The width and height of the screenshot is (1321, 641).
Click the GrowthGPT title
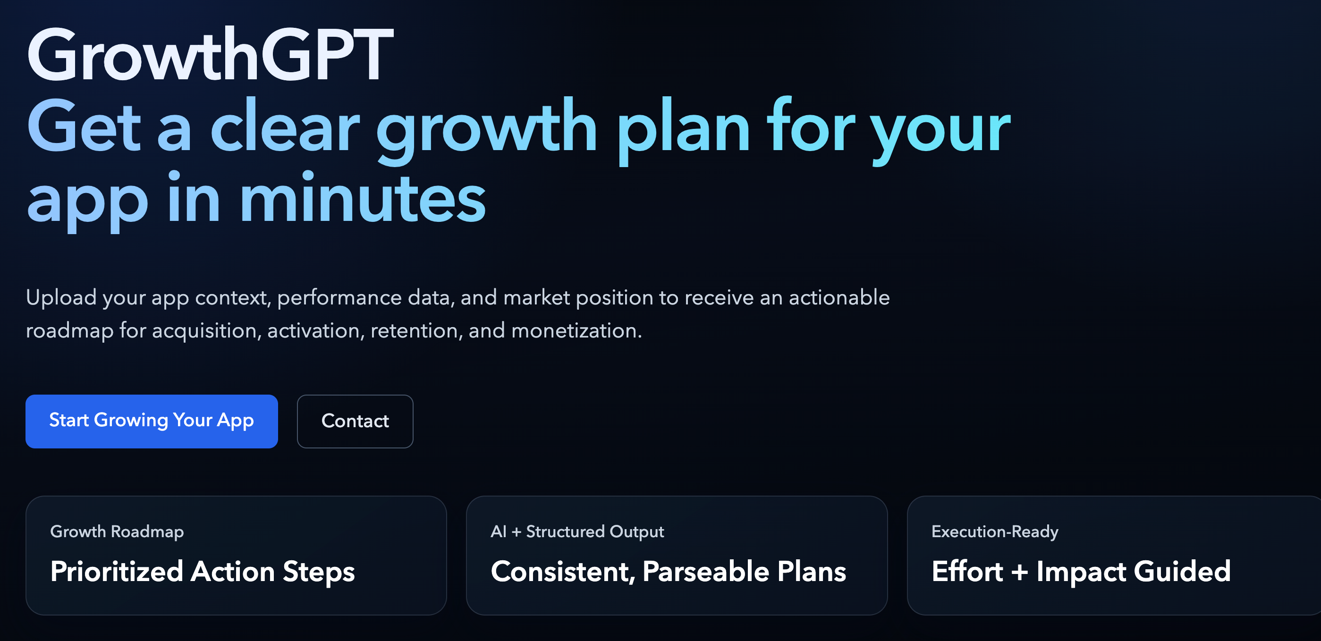click(210, 54)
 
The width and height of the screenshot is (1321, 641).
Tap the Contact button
click(355, 421)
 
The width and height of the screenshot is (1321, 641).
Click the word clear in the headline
click(285, 126)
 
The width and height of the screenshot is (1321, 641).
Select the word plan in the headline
click(683, 131)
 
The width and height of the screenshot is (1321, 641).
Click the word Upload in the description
click(61, 298)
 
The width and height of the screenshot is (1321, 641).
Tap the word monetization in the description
click(576, 331)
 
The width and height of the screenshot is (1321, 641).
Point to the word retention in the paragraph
click(416, 331)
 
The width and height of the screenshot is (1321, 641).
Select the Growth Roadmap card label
click(117, 532)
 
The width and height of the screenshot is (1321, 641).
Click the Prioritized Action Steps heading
click(203, 572)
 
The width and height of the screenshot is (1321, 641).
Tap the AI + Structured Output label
click(577, 532)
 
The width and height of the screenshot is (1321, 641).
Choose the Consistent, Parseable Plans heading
click(668, 572)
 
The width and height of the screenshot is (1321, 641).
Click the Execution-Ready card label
click(995, 532)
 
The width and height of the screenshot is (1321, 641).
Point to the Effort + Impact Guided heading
click(1081, 571)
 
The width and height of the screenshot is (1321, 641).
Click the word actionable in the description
click(839, 298)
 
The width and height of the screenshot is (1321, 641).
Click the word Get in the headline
click(84, 126)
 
